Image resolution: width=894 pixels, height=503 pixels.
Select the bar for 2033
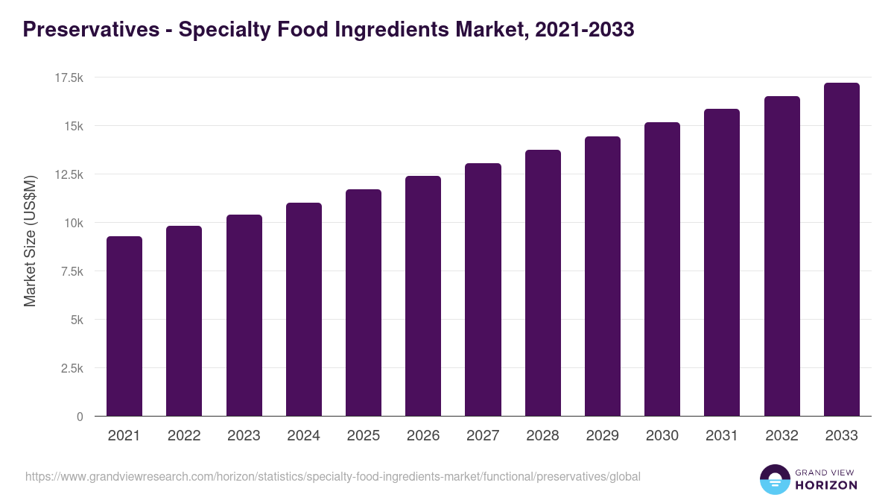pos(841,249)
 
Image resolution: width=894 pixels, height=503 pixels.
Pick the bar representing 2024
pos(303,309)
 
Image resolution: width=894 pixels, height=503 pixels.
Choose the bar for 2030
pos(662,269)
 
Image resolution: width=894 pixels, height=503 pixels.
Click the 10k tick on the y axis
pos(72,223)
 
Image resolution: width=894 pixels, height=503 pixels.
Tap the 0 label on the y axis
pos(80,417)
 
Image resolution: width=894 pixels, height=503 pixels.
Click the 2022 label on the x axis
pos(184,436)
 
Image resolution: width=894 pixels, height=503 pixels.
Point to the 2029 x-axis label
pos(602,436)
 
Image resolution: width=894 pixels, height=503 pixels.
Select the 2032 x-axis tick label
pos(782,436)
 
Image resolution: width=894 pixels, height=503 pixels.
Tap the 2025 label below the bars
pos(363,436)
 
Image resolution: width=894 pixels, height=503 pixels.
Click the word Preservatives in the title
pos(91,30)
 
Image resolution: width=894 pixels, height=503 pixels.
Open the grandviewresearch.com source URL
pos(332,476)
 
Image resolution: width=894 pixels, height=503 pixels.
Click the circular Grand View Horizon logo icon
pos(774,479)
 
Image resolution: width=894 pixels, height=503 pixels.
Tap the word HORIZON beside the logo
pos(825,485)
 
